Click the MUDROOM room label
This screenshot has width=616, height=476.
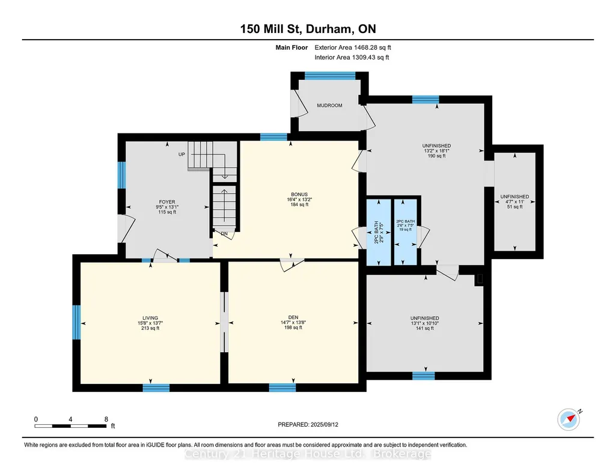tap(329, 105)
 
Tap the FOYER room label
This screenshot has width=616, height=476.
tap(167, 202)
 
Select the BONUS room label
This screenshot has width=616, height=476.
tap(299, 194)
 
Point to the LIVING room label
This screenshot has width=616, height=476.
tap(150, 318)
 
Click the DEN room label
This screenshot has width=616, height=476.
tap(293, 317)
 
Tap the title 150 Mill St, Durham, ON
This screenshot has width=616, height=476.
tap(308, 29)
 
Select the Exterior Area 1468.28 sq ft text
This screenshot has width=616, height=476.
tap(353, 47)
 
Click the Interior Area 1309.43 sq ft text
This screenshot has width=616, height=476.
tap(352, 57)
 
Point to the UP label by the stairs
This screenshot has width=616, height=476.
tap(181, 154)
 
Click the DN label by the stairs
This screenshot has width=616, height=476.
tap(224, 234)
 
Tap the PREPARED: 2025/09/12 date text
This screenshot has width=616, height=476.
tap(308, 424)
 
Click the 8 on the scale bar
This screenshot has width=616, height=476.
tap(106, 419)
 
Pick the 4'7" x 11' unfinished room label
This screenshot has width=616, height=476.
tap(514, 201)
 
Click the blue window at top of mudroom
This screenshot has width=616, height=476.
tap(330, 76)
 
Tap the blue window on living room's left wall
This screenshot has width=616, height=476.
tap(76, 322)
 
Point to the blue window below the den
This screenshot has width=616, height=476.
tap(282, 388)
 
